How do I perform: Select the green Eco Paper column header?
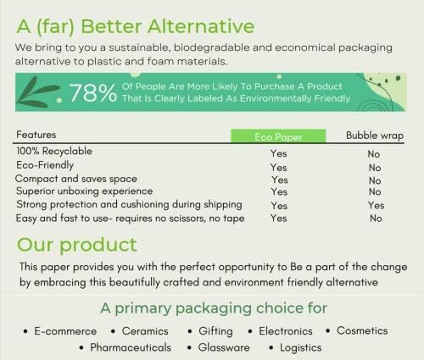pos(278,136)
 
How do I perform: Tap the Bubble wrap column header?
pos(375,136)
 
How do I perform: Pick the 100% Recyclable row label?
pos(53,151)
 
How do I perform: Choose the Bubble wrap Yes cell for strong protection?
pos(375,205)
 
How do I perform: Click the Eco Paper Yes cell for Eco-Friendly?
pos(278,168)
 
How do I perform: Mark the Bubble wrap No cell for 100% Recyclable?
pos(375,154)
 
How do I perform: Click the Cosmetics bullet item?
pos(362,330)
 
